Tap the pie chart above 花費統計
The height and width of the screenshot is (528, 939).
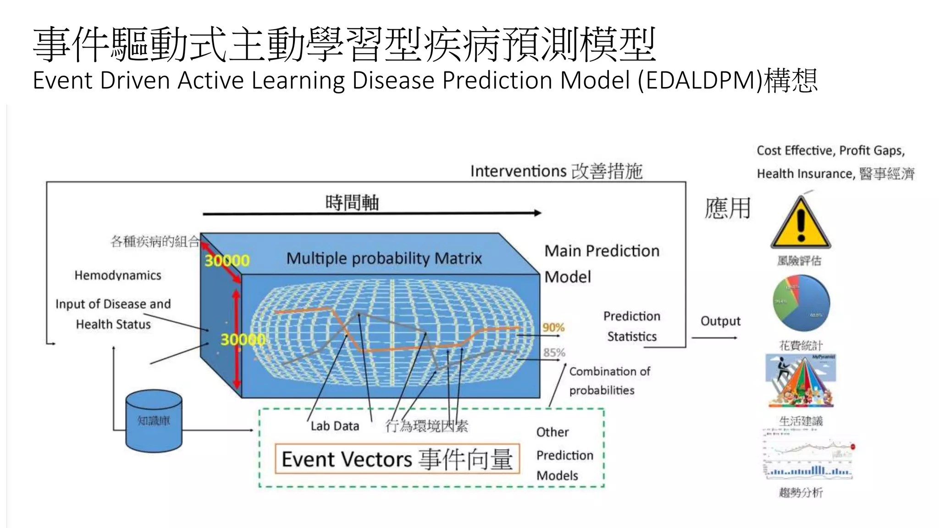tap(801, 303)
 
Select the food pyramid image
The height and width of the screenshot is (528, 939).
tap(801, 380)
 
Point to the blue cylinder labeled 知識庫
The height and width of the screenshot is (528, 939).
tap(154, 421)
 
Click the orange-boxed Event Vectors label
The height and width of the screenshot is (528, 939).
tap(397, 459)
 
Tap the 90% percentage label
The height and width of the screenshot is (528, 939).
tap(553, 328)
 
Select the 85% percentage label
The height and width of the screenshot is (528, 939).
tap(554, 352)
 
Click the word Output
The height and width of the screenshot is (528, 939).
tap(720, 321)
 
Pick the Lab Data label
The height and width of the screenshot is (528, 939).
tap(335, 426)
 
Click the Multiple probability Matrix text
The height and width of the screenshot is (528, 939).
tap(384, 258)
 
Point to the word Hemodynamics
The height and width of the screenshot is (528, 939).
tap(118, 275)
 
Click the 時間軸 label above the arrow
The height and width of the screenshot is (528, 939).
tap(352, 202)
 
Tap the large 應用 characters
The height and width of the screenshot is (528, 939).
tap(728, 209)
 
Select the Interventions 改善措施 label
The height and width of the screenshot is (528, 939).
tap(556, 171)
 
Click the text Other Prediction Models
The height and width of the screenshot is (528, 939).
tap(564, 454)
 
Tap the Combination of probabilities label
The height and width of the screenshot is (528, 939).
tap(609, 380)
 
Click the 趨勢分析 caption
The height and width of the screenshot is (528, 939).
tap(801, 493)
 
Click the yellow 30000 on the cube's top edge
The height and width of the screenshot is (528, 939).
tap(226, 261)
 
